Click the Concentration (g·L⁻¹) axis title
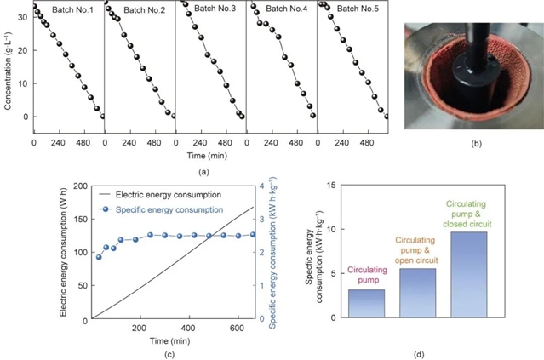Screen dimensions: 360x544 tap(9, 65)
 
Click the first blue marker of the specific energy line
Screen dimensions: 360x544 tap(99, 257)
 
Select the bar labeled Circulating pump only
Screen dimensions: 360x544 tap(366, 303)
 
